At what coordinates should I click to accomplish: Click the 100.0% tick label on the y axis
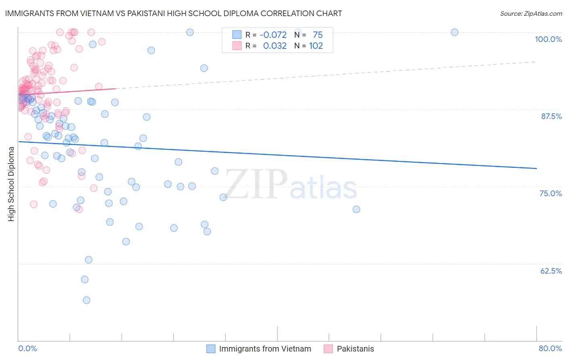[x=548, y=39]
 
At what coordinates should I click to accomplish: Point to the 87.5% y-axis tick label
[x=551, y=116]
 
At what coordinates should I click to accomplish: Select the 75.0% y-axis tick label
[x=550, y=193]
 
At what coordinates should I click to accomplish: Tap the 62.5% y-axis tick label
[x=551, y=271]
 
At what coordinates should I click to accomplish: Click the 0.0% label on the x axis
[x=28, y=348]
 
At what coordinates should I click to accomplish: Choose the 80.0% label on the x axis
[x=550, y=348]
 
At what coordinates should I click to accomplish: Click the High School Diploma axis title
[x=11, y=184]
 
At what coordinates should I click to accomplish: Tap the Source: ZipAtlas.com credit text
[x=531, y=14]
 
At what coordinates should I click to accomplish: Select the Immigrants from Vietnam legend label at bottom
[x=265, y=349]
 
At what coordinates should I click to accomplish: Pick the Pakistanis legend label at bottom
[x=355, y=349]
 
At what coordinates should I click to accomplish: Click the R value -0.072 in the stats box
[x=273, y=35]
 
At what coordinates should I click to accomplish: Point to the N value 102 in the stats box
[x=316, y=46]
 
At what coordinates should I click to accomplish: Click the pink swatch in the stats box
[x=237, y=46]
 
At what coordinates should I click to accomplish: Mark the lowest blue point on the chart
[x=86, y=300]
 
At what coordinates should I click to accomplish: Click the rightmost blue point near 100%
[x=454, y=32]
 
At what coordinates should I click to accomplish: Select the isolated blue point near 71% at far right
[x=356, y=209]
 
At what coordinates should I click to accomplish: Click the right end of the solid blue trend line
[x=536, y=168]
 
